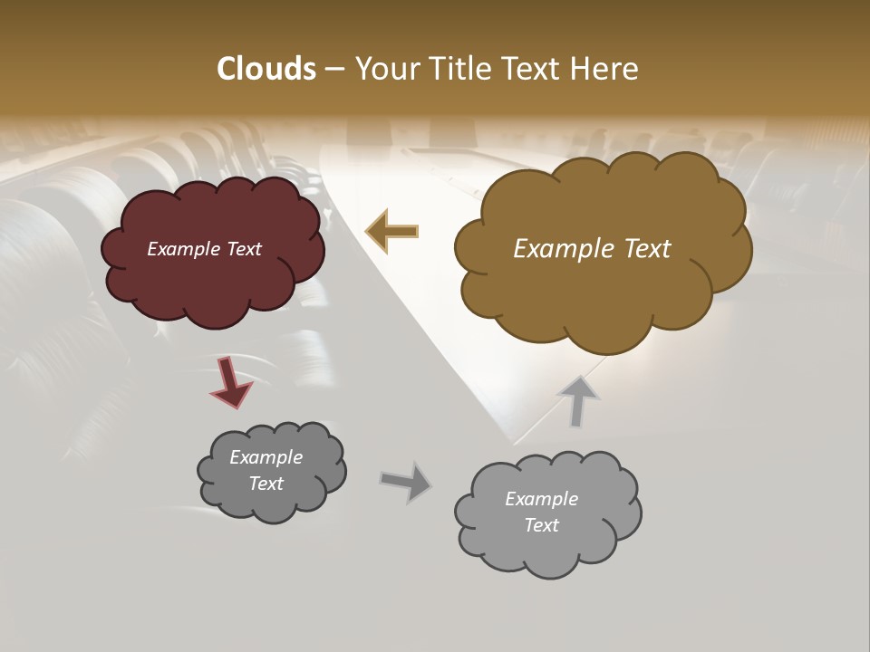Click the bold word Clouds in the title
[266, 69]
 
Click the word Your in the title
[387, 69]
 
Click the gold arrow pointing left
[392, 231]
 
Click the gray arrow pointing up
[578, 401]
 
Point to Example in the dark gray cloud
[266, 457]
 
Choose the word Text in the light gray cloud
[541, 525]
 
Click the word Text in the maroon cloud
[243, 249]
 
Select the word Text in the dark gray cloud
[266, 484]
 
